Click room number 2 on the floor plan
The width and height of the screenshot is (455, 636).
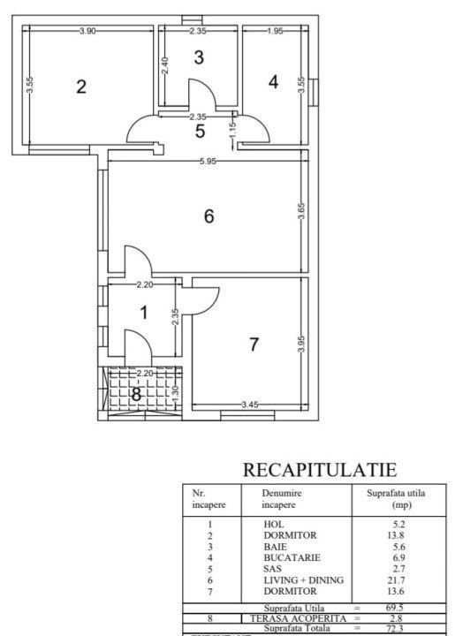81,87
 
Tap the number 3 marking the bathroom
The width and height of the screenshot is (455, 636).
199,58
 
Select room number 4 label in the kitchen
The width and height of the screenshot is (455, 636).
273,82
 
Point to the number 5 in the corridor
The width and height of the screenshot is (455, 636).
200,132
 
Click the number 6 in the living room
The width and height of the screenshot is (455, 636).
209,216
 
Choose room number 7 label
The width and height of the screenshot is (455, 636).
254,344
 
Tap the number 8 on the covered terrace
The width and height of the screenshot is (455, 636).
137,395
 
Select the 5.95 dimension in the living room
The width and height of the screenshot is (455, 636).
208,161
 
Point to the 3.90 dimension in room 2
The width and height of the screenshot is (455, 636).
87,32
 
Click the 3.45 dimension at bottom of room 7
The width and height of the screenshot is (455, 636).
251,405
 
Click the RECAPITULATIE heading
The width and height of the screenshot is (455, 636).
320,469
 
